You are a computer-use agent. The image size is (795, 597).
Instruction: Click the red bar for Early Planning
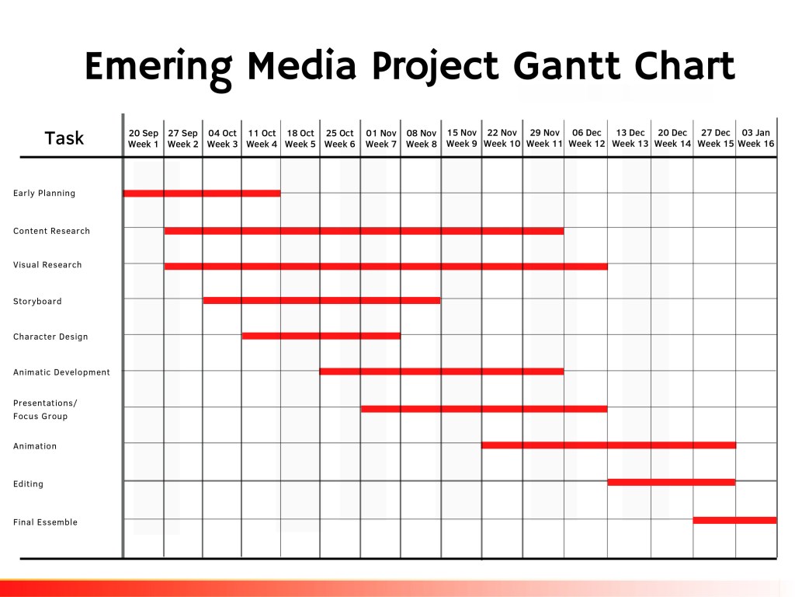click(202, 194)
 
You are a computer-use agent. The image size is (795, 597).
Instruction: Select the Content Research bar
click(364, 231)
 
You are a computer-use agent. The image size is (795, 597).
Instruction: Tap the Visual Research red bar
click(386, 266)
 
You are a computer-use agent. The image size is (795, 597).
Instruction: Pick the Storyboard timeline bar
click(322, 301)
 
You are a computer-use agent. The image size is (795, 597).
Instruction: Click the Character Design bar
click(321, 336)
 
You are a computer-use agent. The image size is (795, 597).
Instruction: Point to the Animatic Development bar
click(442, 372)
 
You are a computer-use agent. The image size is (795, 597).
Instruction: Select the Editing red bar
click(672, 482)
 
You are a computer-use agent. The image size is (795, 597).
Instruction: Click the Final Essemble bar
click(734, 520)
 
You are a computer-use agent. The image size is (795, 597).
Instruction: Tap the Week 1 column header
click(144, 138)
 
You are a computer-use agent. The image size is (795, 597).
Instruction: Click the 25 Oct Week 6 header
click(340, 138)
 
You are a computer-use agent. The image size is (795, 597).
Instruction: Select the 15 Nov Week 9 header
click(462, 138)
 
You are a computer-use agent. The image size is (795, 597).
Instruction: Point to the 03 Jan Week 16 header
click(756, 138)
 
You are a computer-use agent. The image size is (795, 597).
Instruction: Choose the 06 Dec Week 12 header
click(587, 138)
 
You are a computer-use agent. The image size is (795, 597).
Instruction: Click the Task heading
click(64, 138)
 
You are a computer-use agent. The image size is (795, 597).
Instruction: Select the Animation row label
click(35, 446)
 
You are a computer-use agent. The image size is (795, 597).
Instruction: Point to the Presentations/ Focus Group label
click(45, 410)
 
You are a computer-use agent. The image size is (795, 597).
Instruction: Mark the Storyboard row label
click(37, 302)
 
